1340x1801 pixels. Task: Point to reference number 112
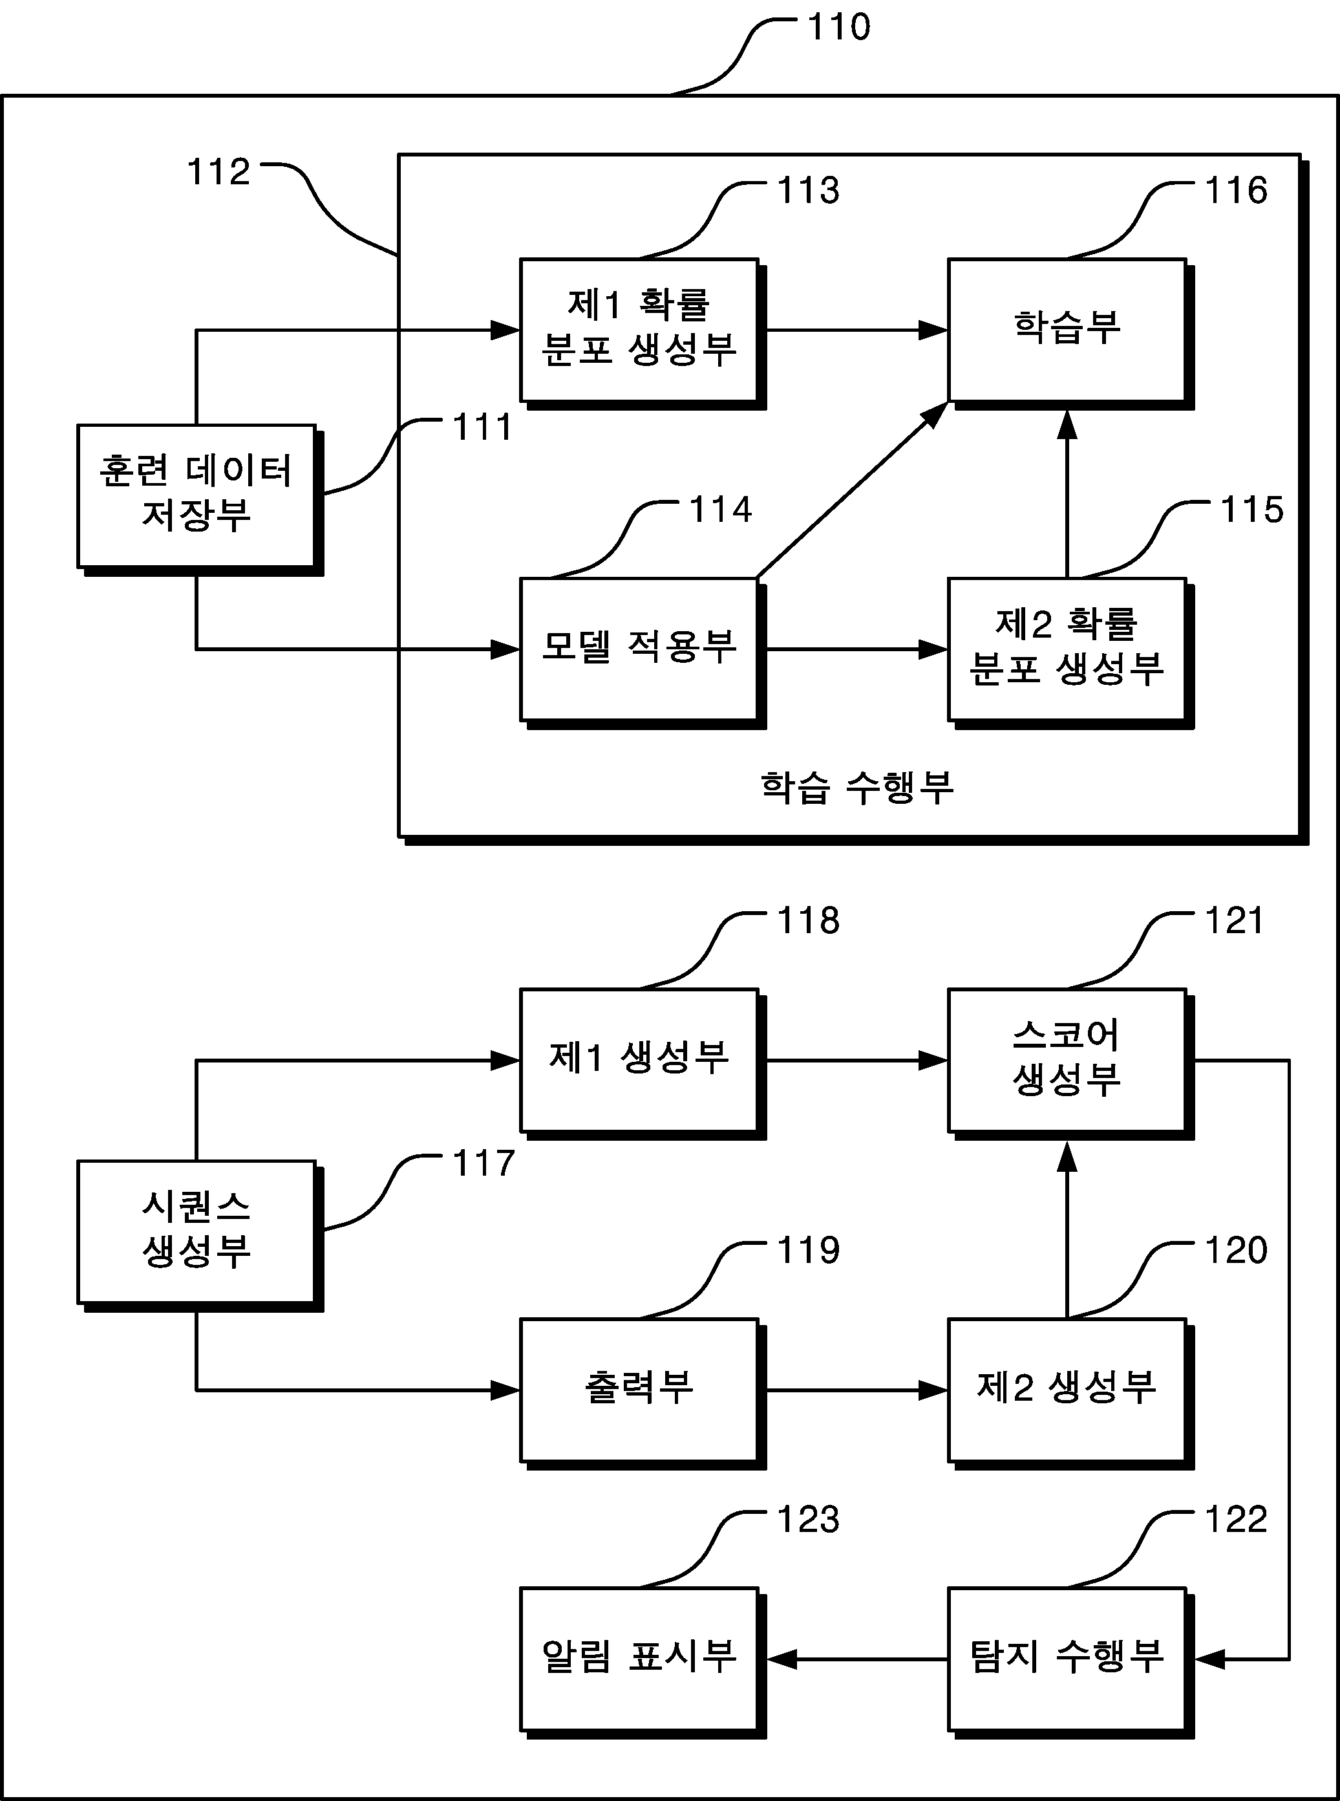(x=218, y=172)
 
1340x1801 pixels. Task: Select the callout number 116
(x=1236, y=191)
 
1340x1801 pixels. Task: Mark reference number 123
(x=808, y=1520)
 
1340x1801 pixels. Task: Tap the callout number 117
(x=484, y=1163)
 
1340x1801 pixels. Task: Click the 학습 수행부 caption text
(x=856, y=787)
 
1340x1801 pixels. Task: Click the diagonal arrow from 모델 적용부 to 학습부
(x=852, y=490)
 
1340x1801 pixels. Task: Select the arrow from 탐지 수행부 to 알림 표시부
(x=857, y=1660)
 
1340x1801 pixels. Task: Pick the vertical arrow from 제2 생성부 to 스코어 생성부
(x=1067, y=1229)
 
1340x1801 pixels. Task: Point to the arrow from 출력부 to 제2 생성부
(x=857, y=1390)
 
